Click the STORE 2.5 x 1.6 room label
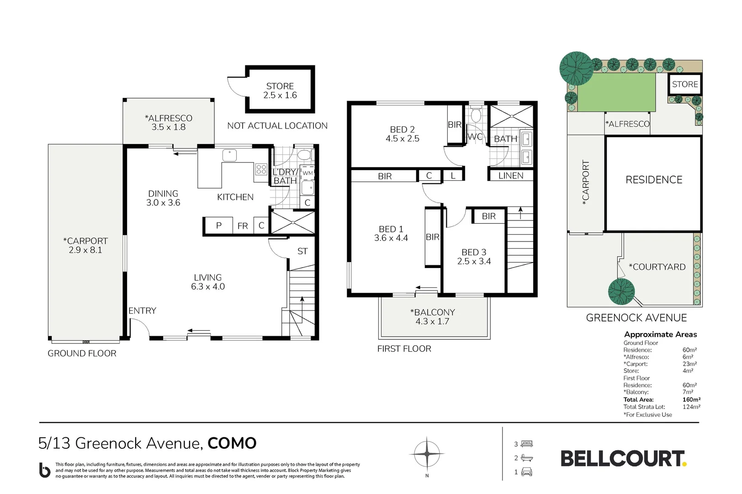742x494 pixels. tap(280, 91)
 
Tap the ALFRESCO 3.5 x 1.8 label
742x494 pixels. tap(168, 123)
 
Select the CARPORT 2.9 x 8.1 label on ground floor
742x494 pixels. tap(85, 245)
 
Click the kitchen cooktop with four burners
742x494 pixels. tap(261, 169)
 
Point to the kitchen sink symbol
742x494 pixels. tap(229, 156)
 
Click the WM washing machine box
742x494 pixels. tap(307, 173)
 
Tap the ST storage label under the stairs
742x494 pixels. tap(302, 251)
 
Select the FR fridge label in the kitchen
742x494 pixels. tap(243, 226)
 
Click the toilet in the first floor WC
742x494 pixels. tap(476, 115)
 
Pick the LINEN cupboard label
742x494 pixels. tap(510, 176)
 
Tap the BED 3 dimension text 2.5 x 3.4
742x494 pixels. tap(474, 262)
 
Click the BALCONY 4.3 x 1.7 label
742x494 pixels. tap(432, 317)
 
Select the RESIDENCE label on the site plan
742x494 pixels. tap(653, 180)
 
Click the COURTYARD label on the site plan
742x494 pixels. tap(657, 267)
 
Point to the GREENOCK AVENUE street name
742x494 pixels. tap(636, 318)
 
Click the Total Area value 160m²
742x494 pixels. tap(691, 399)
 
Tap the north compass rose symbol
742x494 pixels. tap(427, 454)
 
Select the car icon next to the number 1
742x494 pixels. tap(527, 472)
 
